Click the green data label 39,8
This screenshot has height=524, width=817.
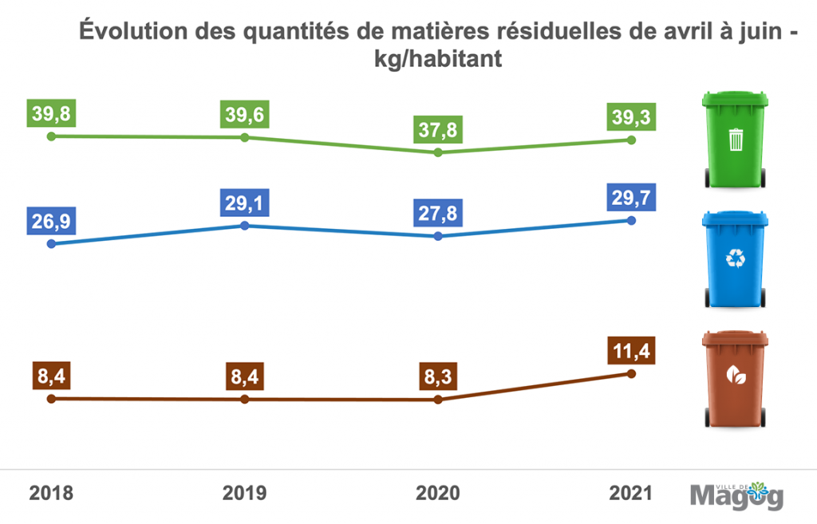(x=51, y=114)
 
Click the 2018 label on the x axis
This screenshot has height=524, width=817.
(x=51, y=493)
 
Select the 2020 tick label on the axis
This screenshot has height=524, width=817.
(x=438, y=493)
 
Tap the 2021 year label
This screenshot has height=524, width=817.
(x=631, y=493)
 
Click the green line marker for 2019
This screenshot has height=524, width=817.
(x=245, y=137)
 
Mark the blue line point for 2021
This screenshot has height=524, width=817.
(x=631, y=221)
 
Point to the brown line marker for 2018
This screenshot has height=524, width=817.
(x=51, y=398)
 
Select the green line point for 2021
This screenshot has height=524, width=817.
(x=631, y=140)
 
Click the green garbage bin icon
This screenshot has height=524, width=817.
(x=735, y=139)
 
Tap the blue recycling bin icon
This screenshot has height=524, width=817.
(x=735, y=258)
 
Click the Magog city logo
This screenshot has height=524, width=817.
(x=736, y=494)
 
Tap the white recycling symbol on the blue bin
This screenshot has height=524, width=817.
(x=735, y=258)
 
